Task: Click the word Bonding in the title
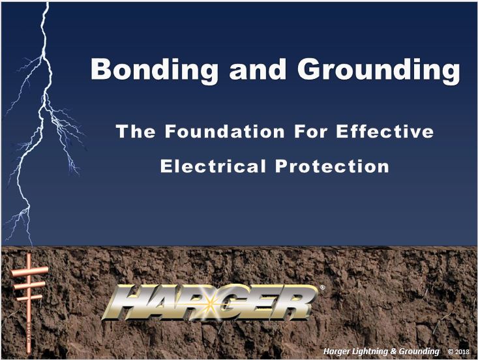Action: pyautogui.click(x=155, y=70)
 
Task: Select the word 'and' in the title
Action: pyautogui.click(x=258, y=68)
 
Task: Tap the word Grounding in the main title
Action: pyautogui.click(x=379, y=70)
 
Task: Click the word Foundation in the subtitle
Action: pyautogui.click(x=225, y=131)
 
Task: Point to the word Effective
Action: pyautogui.click(x=385, y=131)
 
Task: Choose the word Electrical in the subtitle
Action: pyautogui.click(x=213, y=166)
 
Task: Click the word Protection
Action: pyautogui.click(x=332, y=166)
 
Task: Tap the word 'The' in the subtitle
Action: pyautogui.click(x=136, y=131)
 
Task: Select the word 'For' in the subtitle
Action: pyautogui.click(x=310, y=131)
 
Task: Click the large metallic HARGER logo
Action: pyautogui.click(x=210, y=303)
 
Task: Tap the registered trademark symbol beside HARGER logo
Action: pyautogui.click(x=322, y=287)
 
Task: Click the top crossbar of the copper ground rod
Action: pyautogui.click(x=29, y=271)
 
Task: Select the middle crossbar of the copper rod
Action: pyautogui.click(x=29, y=286)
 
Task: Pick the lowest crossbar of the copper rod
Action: pyautogui.click(x=29, y=298)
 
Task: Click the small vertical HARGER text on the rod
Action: pyautogui.click(x=29, y=332)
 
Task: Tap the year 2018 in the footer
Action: pyautogui.click(x=462, y=352)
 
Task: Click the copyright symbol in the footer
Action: pyautogui.click(x=451, y=352)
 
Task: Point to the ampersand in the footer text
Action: pyautogui.click(x=393, y=351)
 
